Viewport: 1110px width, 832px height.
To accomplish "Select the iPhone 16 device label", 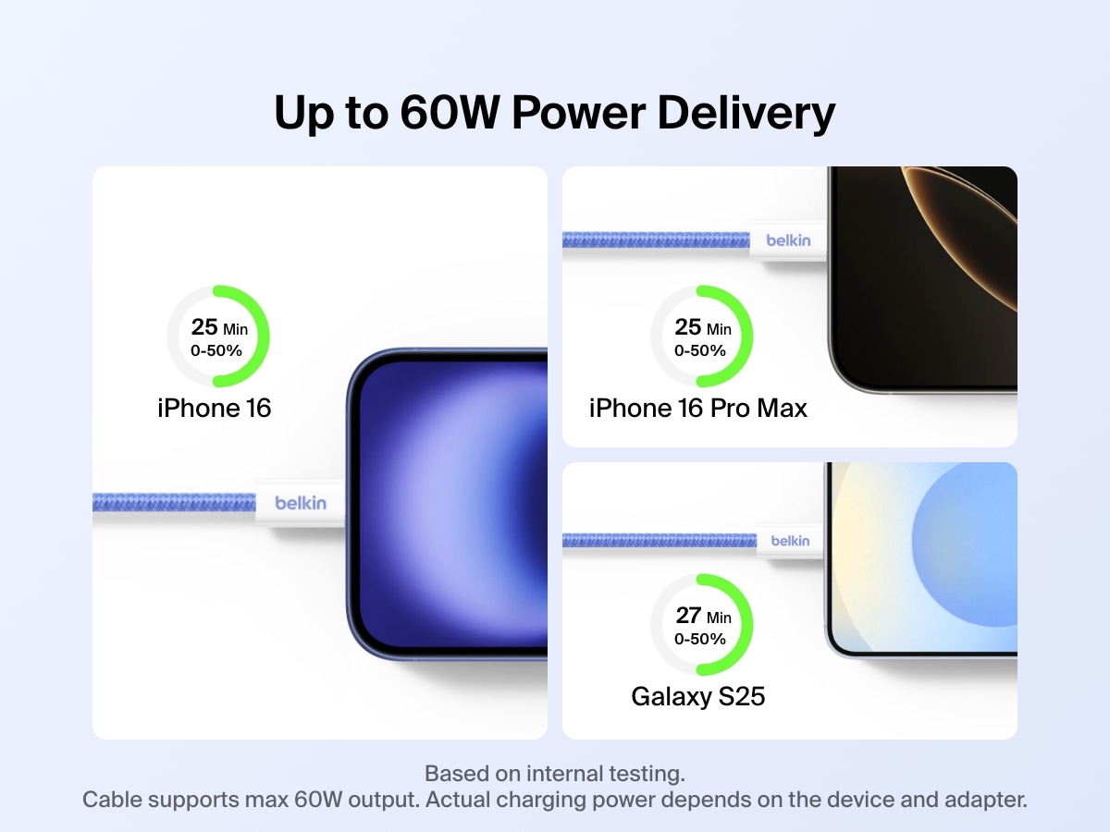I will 215,408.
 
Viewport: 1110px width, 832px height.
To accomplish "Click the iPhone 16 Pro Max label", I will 698,408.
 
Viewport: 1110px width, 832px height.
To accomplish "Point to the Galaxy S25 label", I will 698,696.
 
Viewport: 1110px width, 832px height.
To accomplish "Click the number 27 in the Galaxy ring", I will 688,616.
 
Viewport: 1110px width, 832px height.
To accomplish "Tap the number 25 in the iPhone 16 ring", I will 204,327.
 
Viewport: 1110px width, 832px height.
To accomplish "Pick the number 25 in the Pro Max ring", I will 688,327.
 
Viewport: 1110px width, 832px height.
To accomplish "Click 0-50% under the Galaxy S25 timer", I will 700,639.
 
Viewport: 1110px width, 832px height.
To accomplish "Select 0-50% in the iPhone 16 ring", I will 216,350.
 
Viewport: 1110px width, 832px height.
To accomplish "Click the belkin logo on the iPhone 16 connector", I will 301,503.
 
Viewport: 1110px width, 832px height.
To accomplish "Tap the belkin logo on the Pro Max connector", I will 788,240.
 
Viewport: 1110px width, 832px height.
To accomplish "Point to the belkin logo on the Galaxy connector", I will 790,540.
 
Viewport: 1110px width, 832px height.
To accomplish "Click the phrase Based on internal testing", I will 554,773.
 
